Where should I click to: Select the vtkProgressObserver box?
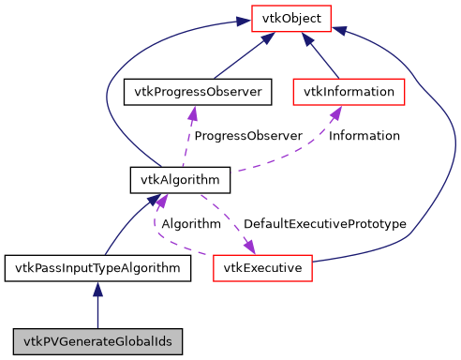(198, 92)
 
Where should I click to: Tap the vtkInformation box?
(349, 92)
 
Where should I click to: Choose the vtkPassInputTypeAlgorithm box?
(97, 269)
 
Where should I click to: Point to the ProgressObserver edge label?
(247, 136)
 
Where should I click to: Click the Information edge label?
(364, 136)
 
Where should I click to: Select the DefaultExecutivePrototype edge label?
(324, 224)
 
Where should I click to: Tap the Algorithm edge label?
(191, 224)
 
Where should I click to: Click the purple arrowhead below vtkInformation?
(335, 113)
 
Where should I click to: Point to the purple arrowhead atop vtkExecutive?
(251, 247)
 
